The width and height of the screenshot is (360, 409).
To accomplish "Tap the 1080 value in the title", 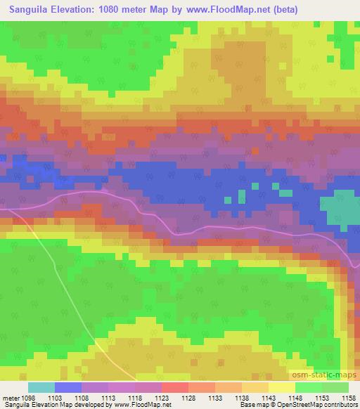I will coord(117,10).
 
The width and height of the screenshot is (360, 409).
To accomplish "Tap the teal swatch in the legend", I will coord(41,387).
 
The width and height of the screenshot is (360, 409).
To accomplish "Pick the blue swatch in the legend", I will coord(68,387).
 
